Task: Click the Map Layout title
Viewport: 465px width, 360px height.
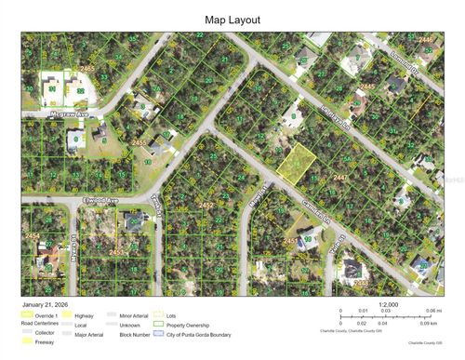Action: point(232,19)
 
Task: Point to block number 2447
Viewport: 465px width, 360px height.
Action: point(340,176)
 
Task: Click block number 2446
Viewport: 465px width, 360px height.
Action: point(425,40)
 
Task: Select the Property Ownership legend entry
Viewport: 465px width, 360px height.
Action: point(185,323)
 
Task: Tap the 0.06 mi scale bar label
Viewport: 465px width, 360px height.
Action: point(432,310)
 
